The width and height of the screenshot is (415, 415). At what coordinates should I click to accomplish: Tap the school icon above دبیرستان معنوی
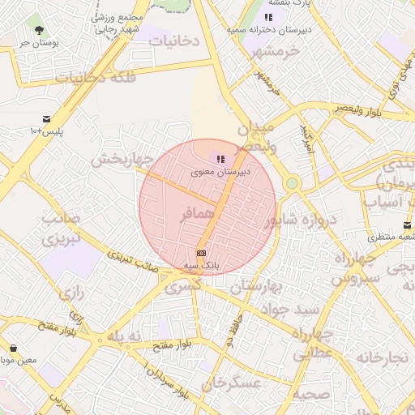(x=220, y=159)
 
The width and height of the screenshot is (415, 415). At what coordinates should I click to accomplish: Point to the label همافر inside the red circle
(x=197, y=214)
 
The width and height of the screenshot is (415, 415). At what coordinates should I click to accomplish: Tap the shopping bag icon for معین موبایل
(x=14, y=348)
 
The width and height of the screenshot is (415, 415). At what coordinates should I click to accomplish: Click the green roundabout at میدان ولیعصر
(x=292, y=183)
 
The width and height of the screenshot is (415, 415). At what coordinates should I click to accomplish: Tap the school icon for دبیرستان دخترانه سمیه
(x=269, y=16)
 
